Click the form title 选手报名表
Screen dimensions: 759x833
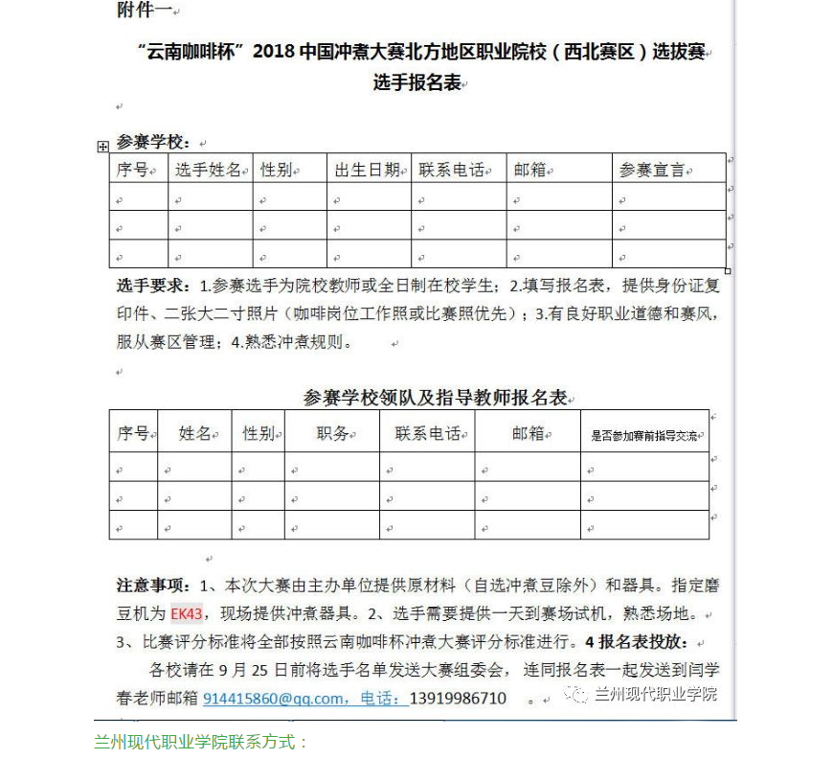(418, 83)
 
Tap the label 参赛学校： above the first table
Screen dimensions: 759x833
(153, 142)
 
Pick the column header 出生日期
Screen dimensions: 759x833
(367, 170)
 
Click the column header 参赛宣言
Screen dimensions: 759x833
(652, 170)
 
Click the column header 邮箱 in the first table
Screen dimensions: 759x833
(529, 170)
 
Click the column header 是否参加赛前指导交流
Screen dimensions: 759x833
(643, 435)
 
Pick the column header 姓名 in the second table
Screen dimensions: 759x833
(194, 433)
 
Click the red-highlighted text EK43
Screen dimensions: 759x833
(187, 613)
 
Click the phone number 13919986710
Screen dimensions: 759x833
(458, 699)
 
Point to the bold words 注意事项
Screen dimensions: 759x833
(153, 586)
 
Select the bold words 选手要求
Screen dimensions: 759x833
(153, 286)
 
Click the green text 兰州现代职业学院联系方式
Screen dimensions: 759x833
(201, 742)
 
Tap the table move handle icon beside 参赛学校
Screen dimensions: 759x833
(103, 146)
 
